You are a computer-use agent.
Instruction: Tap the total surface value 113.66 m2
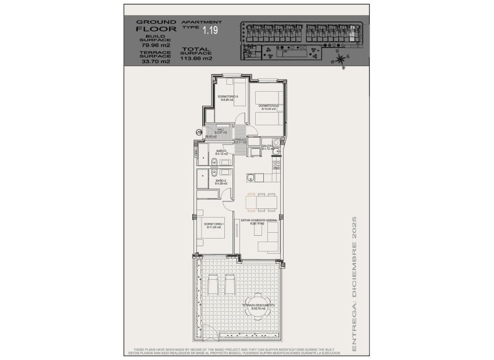pyautogui.click(x=196, y=58)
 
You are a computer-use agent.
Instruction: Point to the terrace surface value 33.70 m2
pyautogui.click(x=152, y=61)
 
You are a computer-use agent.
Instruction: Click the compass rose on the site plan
pyautogui.click(x=341, y=58)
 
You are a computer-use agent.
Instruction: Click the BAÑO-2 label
pyautogui.click(x=220, y=181)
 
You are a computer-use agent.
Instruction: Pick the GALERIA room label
pyautogui.click(x=267, y=147)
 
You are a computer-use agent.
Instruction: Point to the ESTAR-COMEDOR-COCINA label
pyautogui.click(x=258, y=221)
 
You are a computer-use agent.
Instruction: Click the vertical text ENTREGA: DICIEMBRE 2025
pyautogui.click(x=354, y=285)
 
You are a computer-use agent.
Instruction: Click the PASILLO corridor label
pyautogui.click(x=239, y=141)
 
